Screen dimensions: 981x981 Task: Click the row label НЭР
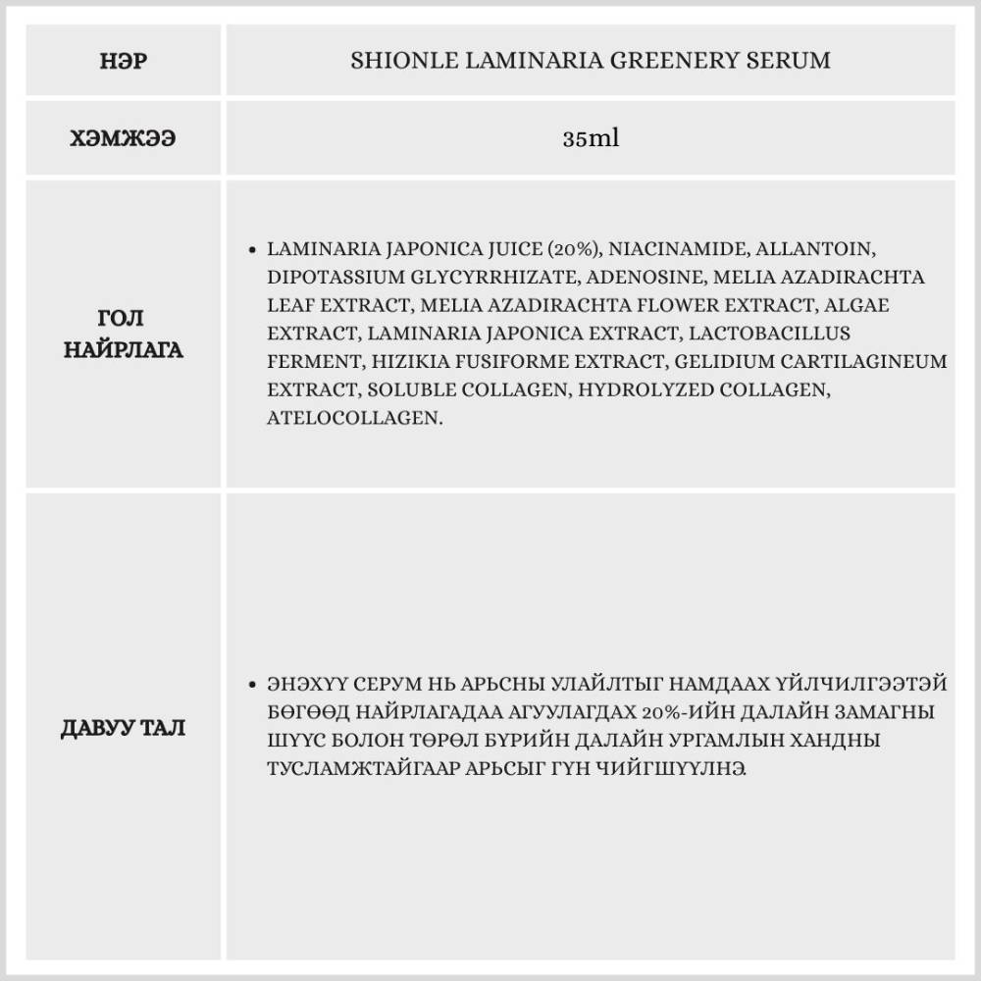123,61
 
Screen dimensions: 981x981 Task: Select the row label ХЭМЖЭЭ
123,139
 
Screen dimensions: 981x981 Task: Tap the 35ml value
591,139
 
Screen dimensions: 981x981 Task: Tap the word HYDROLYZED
642,389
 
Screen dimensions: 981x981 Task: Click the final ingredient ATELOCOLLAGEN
353,418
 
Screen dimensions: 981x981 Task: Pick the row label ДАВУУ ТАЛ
123,728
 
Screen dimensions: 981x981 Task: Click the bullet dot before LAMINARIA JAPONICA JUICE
254,250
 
